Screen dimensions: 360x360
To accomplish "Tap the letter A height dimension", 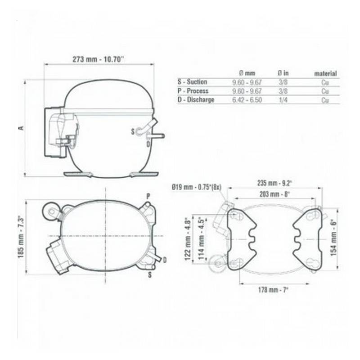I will point(20,128).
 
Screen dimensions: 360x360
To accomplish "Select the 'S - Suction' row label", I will point(193,82).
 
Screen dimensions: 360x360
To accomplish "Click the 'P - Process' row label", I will point(193,91).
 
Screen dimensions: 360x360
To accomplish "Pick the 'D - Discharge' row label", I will point(196,100).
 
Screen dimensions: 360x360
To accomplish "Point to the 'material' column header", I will point(325,73).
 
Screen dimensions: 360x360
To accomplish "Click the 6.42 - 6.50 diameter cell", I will point(247,100).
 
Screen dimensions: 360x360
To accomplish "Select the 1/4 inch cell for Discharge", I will point(283,100).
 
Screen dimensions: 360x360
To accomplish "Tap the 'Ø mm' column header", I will point(247,73).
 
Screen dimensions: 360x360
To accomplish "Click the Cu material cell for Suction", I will point(325,82).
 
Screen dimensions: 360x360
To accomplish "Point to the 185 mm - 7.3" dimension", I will point(20,237).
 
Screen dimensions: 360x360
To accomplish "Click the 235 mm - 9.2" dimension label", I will point(274,183).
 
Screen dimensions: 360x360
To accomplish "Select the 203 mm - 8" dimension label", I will point(274,194).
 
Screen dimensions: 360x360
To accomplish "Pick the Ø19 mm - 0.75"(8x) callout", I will point(197,186).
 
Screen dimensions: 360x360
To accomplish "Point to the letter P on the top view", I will point(148,195).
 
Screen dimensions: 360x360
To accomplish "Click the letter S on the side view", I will point(132,131).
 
